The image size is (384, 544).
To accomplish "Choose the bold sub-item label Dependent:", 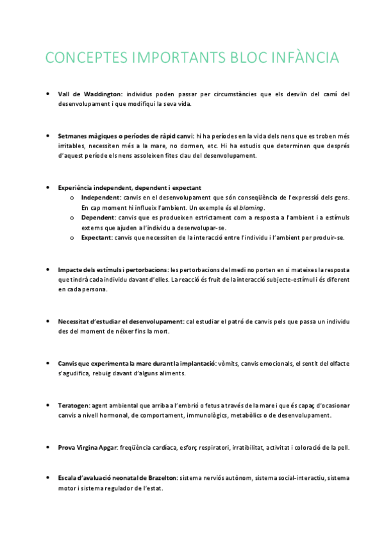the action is pyautogui.click(x=100, y=217).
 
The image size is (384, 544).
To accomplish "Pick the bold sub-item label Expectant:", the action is pyautogui.click(x=100, y=238).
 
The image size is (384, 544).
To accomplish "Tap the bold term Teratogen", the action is pyautogui.click(x=74, y=405).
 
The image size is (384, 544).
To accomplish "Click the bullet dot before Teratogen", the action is pyautogui.click(x=49, y=405).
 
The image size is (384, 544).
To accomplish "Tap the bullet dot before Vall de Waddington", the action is pyautogui.click(x=49, y=94).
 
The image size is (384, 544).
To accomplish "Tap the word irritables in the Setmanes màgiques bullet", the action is pyautogui.click(x=71, y=146).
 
